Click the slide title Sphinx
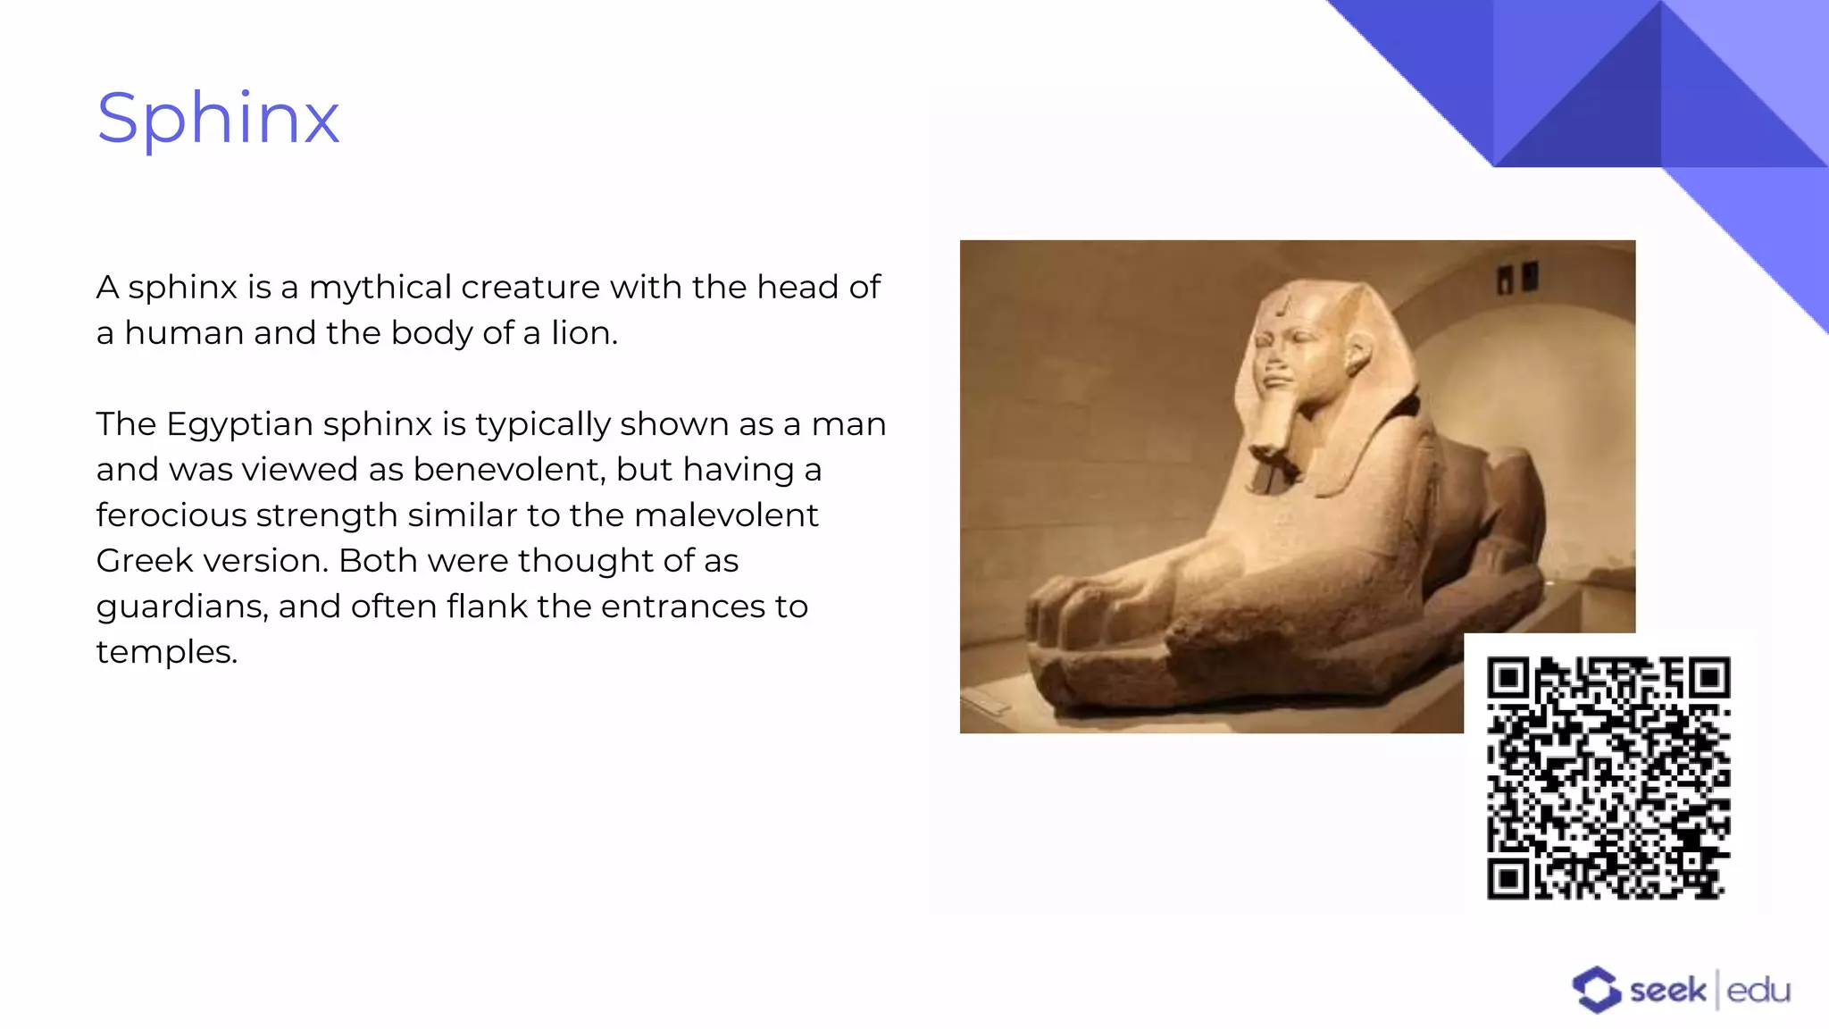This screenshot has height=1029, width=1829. click(218, 118)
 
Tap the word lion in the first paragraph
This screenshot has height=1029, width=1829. click(581, 333)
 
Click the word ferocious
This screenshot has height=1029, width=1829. click(171, 515)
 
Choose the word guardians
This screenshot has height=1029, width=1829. click(181, 607)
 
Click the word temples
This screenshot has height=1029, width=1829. click(165, 653)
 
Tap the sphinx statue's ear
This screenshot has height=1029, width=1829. click(1360, 353)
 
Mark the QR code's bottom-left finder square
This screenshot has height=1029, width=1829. click(1508, 878)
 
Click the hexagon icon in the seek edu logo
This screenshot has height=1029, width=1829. click(1596, 990)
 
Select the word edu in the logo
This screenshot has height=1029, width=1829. click(1758, 991)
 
